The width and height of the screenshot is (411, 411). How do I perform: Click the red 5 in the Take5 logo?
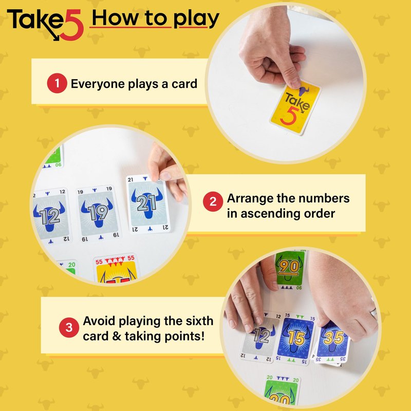(72, 26)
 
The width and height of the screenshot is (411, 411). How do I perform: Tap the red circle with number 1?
(57, 83)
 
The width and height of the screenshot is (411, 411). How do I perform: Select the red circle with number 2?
(213, 201)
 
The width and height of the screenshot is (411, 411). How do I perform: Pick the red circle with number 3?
(69, 327)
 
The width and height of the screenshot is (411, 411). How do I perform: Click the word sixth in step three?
(199, 321)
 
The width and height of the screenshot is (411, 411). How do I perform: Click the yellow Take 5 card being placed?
(295, 108)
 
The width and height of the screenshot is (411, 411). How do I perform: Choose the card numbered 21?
(148, 203)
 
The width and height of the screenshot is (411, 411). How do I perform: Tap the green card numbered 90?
(290, 270)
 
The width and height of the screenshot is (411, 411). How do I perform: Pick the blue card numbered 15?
(295, 338)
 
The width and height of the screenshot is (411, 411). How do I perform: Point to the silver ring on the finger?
(373, 312)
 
